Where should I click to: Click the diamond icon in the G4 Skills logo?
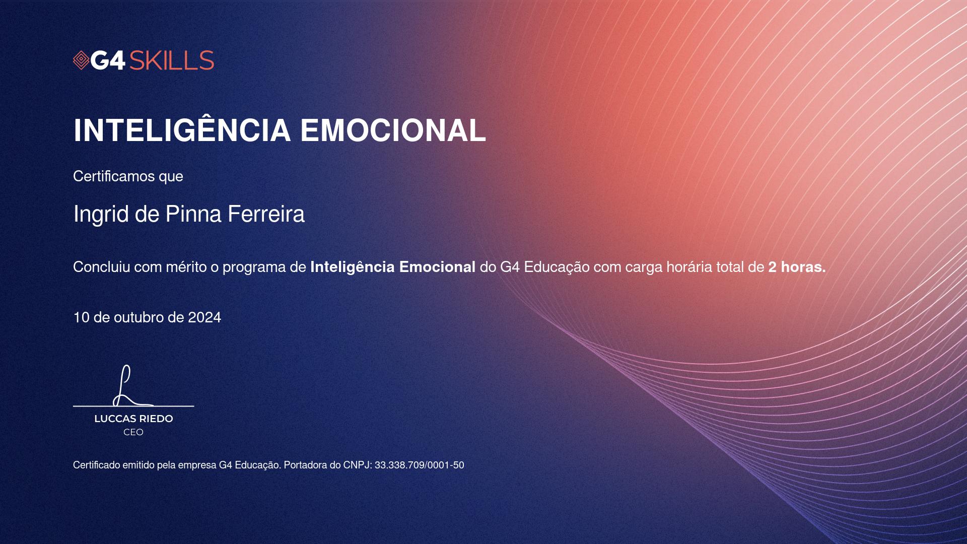coord(81,60)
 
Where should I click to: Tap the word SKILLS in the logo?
coord(172,60)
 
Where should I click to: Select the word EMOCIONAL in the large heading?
coord(393,130)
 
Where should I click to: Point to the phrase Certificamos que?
coord(128,176)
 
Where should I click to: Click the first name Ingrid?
coord(101,214)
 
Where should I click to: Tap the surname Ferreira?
coord(266,214)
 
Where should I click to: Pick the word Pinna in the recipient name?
coord(194,214)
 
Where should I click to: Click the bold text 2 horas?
coord(797,267)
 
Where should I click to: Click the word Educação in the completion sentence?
coord(557,267)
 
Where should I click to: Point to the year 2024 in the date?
coord(204,317)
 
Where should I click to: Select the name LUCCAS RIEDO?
coord(133,419)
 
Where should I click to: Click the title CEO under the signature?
coord(133,432)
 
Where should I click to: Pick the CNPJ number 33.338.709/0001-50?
coord(419,465)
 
